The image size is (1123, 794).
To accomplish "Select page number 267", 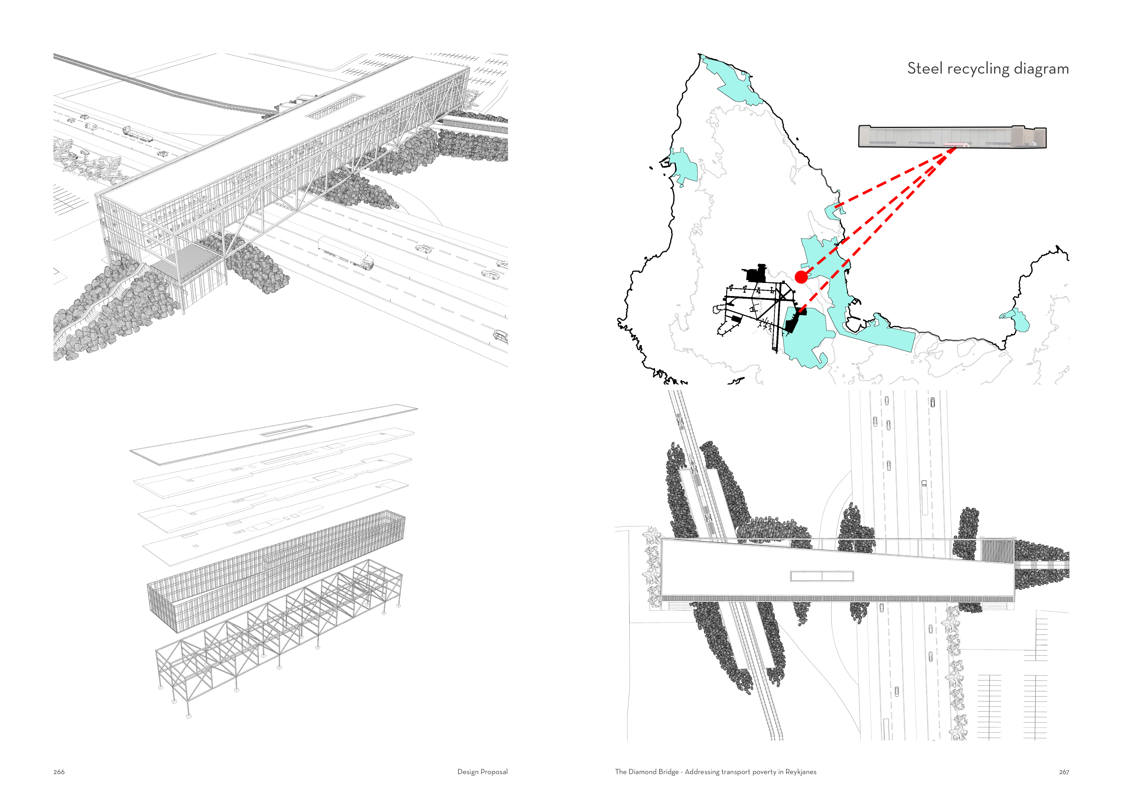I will click(x=1064, y=772).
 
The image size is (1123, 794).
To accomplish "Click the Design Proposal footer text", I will click(x=482, y=772).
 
